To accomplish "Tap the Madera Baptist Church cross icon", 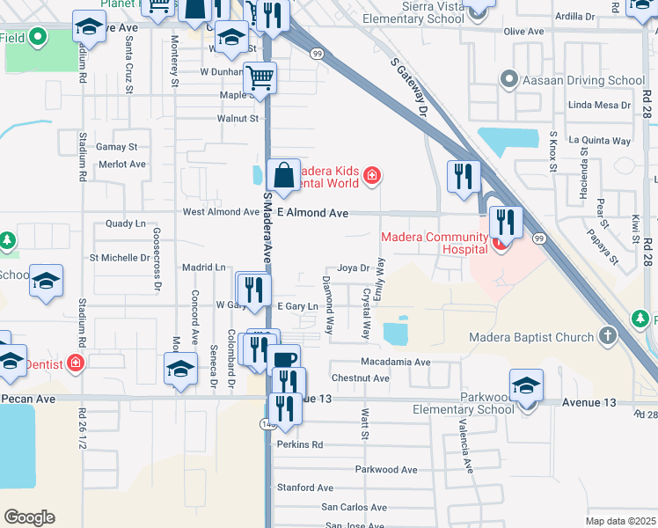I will pyautogui.click(x=608, y=336).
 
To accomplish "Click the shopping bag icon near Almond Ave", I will pyautogui.click(x=284, y=176).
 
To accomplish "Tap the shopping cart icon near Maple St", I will pyautogui.click(x=260, y=77).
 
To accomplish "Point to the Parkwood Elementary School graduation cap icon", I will pyautogui.click(x=526, y=386).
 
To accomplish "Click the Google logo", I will pyautogui.click(x=29, y=517).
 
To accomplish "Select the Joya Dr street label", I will pyautogui.click(x=352, y=268).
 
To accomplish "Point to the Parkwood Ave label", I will pyautogui.click(x=386, y=469).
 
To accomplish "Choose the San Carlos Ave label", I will pyautogui.click(x=354, y=507).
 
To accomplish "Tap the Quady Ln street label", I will pyautogui.click(x=126, y=224).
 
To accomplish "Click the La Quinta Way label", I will pyautogui.click(x=600, y=140).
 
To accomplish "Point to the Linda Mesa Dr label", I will pyautogui.click(x=600, y=105).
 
